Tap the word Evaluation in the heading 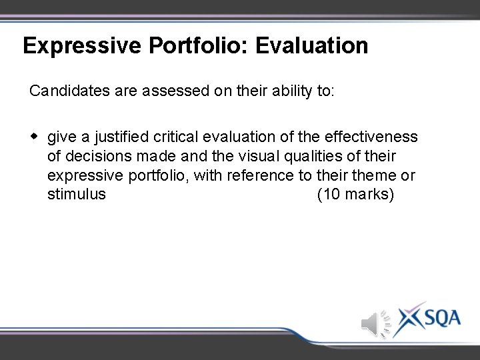[312, 46]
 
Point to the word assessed [175, 91]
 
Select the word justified [121, 137]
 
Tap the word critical [176, 137]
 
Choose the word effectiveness [371, 137]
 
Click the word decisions [93, 157]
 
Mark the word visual [247, 157]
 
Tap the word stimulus [77, 195]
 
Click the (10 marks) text [356, 195]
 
